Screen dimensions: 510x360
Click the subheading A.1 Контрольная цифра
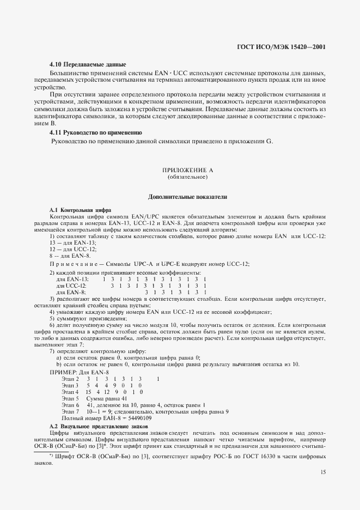click(x=80, y=210)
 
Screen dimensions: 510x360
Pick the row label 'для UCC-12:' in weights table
click(x=72, y=286)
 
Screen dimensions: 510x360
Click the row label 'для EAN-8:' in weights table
click(x=71, y=293)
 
